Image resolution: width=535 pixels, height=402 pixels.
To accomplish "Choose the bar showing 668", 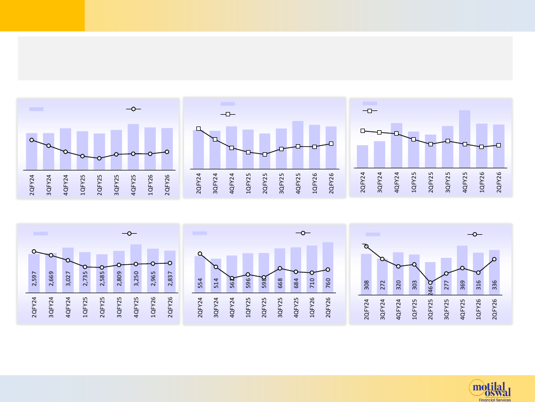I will pos(280,271).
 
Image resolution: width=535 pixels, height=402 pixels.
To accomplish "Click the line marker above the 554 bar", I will pos(200,254).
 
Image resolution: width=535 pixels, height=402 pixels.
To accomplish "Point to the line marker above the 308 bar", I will pos(366,247).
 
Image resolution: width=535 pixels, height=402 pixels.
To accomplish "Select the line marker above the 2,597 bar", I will pos(34,251).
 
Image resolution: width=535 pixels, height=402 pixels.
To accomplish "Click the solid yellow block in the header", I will pos(42,16).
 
